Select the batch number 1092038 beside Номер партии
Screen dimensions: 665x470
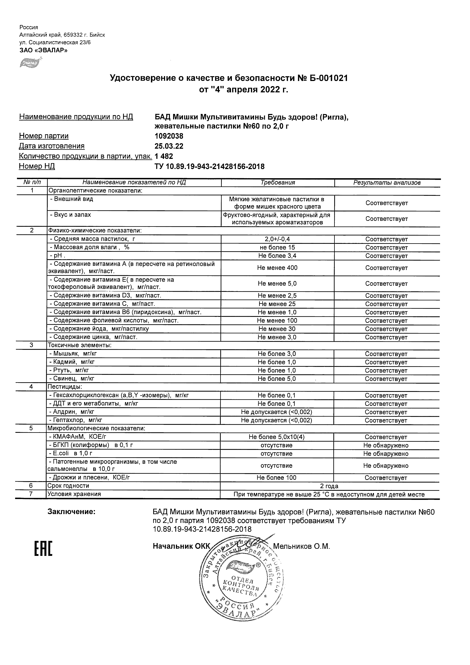169,136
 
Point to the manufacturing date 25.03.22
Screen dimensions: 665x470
169,146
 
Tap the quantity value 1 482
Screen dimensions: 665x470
164,156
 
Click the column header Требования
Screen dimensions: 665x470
278,182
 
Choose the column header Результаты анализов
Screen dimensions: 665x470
387,182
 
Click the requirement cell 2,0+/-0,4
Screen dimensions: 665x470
277,239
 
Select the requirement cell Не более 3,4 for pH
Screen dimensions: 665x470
277,256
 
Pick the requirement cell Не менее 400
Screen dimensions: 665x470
277,268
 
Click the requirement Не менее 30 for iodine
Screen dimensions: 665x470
277,329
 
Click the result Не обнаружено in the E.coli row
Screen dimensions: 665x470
386,454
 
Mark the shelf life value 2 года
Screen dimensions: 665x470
329,486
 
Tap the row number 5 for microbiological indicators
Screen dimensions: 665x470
31,428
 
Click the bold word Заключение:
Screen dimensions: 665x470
71,512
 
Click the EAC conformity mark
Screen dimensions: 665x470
43,548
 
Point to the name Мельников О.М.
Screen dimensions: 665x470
301,546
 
